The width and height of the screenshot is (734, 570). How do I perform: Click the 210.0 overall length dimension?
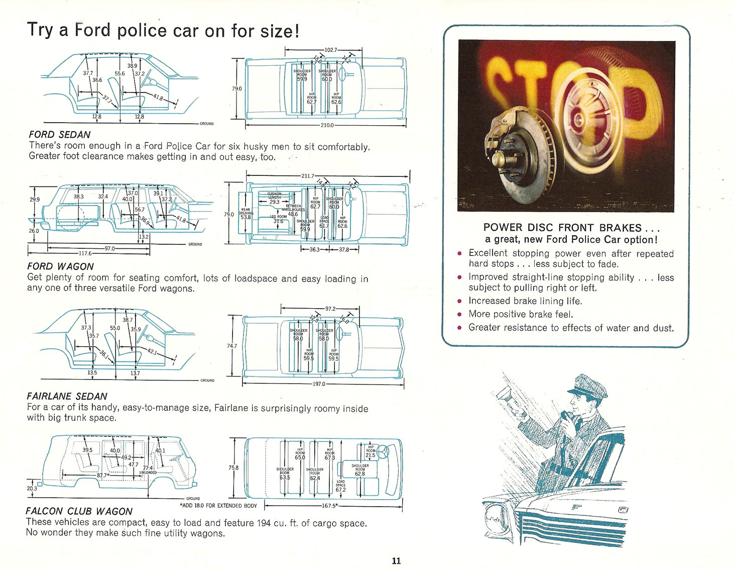pyautogui.click(x=327, y=125)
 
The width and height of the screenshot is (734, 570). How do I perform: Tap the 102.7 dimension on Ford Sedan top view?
pyautogui.click(x=331, y=50)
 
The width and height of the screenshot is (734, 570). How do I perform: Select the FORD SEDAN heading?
pyautogui.click(x=60, y=135)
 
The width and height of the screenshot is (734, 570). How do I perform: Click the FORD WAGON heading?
pyautogui.click(x=60, y=266)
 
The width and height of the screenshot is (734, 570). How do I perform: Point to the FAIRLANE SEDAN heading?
pyautogui.click(x=67, y=396)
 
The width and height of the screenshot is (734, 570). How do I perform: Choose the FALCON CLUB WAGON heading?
pyautogui.click(x=79, y=511)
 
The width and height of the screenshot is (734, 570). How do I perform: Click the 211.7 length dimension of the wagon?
pyautogui.click(x=308, y=176)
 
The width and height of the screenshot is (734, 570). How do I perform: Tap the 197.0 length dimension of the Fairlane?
pyautogui.click(x=319, y=384)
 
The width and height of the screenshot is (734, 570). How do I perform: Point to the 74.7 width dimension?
pyautogui.click(x=231, y=346)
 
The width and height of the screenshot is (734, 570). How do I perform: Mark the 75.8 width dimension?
pyautogui.click(x=233, y=467)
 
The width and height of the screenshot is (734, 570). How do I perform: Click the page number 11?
pyautogui.click(x=396, y=561)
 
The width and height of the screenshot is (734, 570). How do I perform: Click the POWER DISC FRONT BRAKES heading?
pyautogui.click(x=562, y=228)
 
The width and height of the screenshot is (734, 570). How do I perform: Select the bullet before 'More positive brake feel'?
pyautogui.click(x=459, y=315)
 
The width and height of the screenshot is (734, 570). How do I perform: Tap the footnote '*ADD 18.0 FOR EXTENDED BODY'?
pyautogui.click(x=218, y=506)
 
